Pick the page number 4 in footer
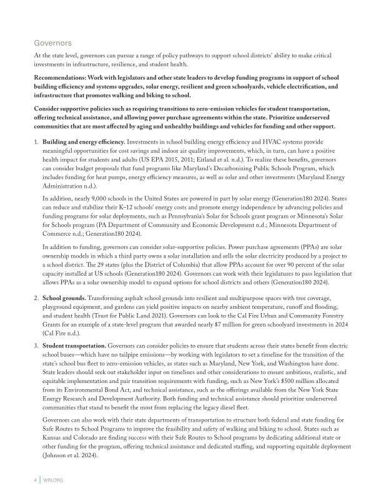pyautogui.click(x=35, y=481)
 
